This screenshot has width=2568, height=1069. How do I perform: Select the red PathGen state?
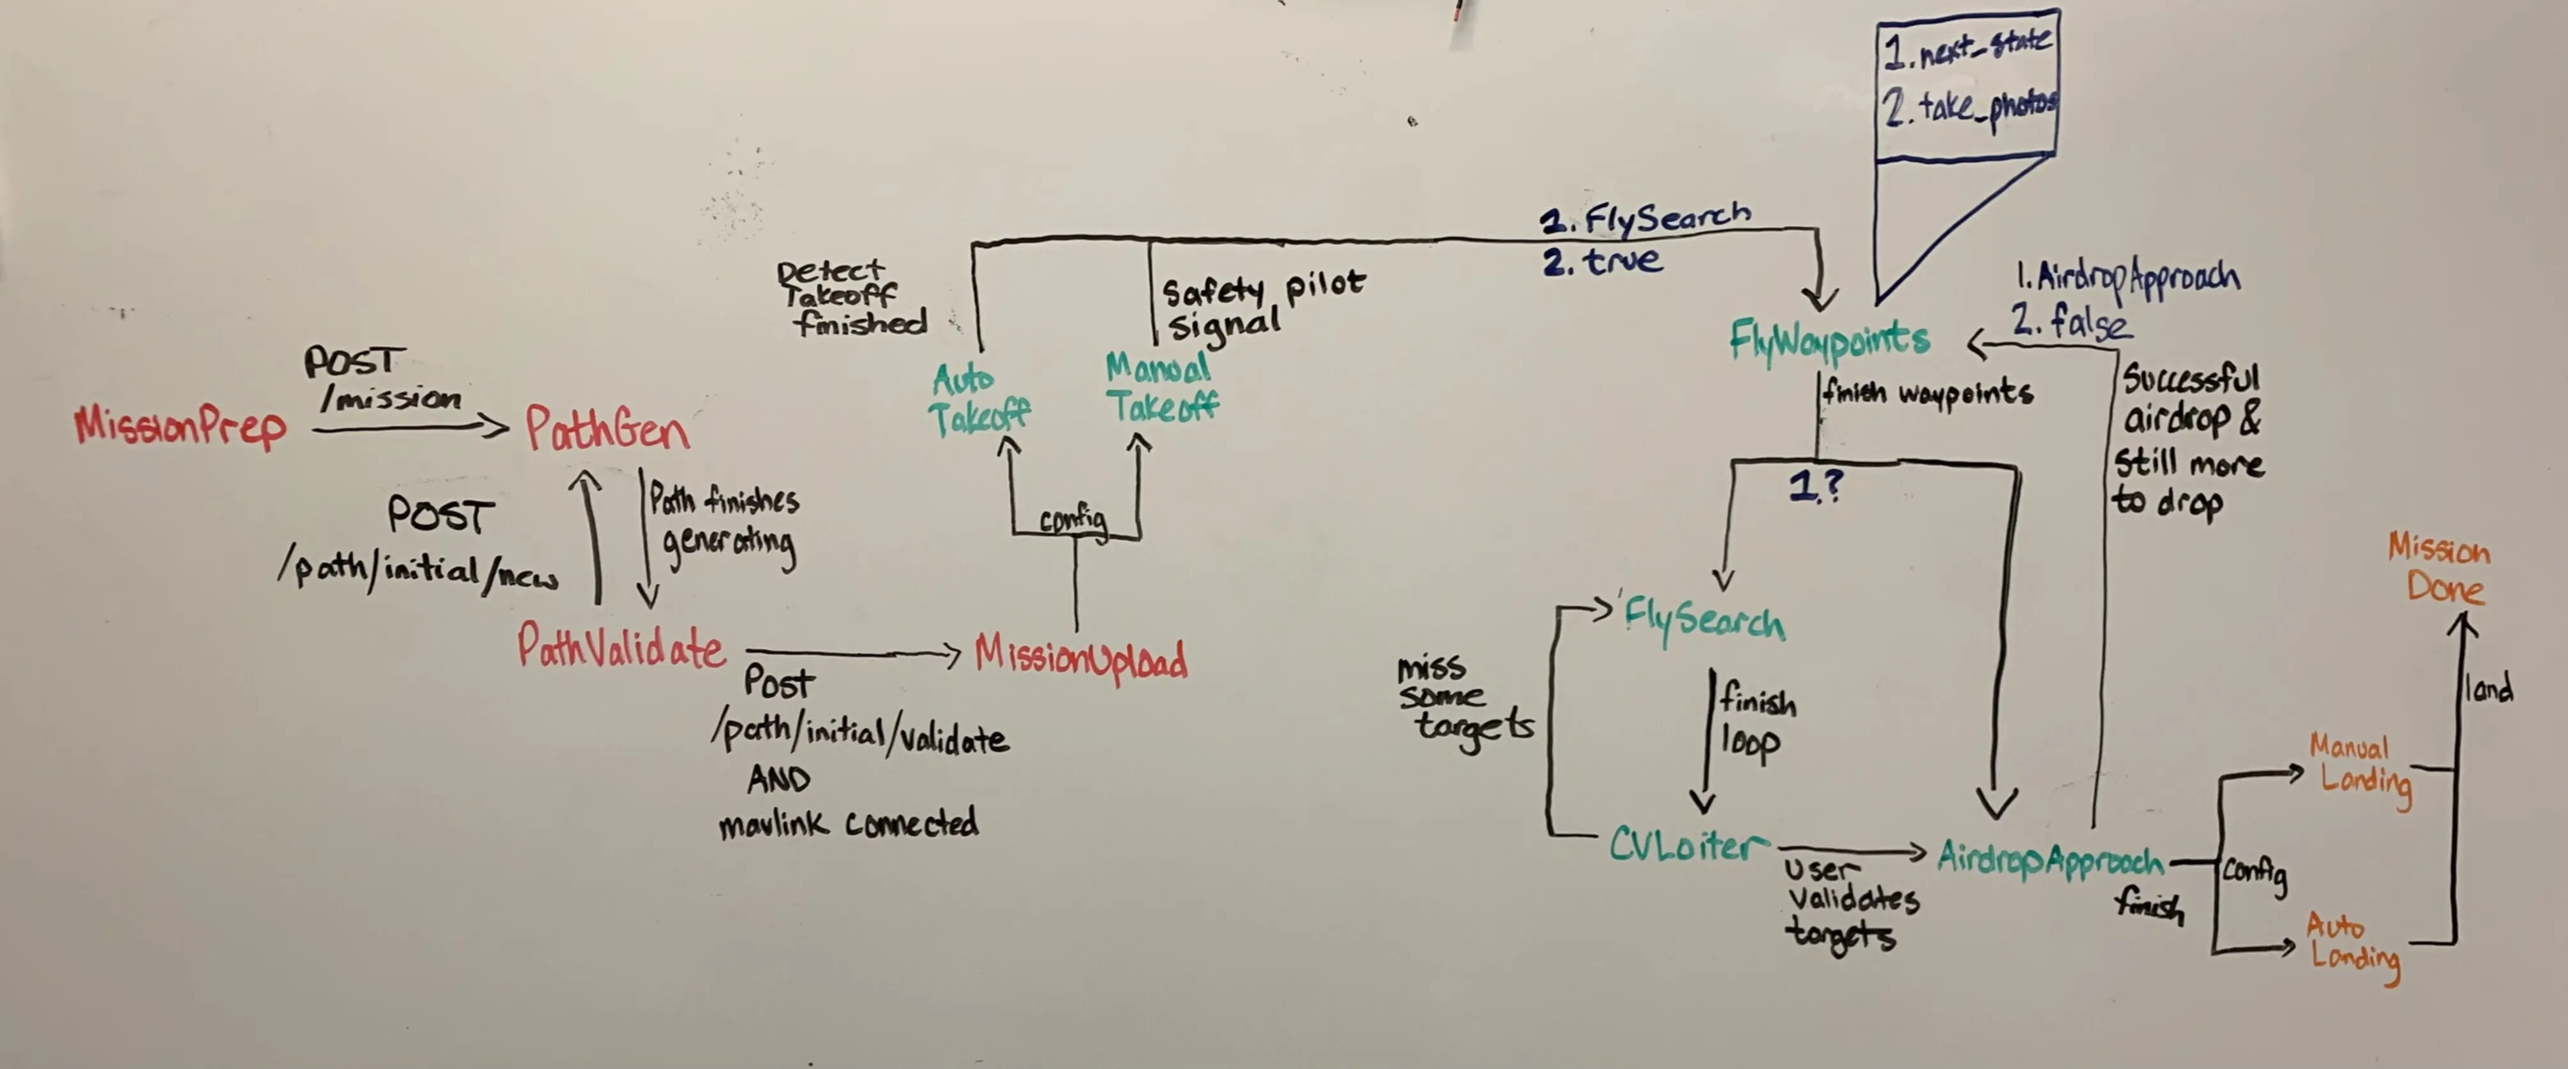[x=607, y=430]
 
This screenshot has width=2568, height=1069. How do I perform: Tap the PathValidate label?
[x=620, y=648]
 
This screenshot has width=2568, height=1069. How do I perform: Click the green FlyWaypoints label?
[x=1829, y=341]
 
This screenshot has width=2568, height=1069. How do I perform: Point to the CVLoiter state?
[x=1682, y=845]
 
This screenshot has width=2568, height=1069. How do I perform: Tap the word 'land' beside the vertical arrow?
[x=2488, y=688]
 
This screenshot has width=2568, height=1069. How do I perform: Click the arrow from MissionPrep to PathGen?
[x=409, y=428]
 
